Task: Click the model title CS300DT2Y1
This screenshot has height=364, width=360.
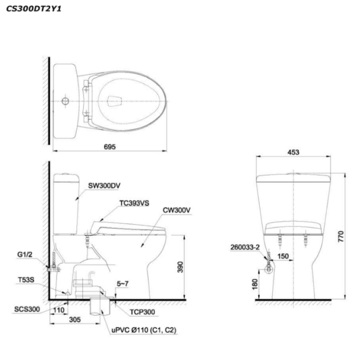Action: (x=34, y=9)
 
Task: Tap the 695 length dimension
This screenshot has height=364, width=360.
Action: (x=110, y=147)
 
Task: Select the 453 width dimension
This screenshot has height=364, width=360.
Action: (x=293, y=152)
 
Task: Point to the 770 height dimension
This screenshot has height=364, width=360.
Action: (x=341, y=236)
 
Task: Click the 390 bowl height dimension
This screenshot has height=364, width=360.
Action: (x=180, y=267)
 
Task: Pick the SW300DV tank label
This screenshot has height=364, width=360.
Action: (x=104, y=186)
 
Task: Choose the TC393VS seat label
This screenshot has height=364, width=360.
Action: (x=134, y=203)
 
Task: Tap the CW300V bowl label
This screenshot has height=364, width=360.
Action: (x=176, y=210)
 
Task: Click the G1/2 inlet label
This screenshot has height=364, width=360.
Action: (x=25, y=254)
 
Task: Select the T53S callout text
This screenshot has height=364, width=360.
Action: (x=26, y=279)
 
